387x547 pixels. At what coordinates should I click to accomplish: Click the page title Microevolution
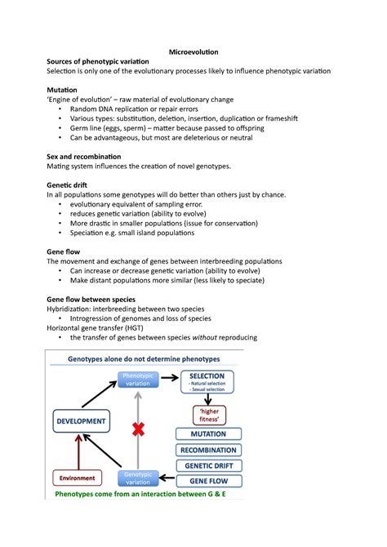click(x=193, y=51)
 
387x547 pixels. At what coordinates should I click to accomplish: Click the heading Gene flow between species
click(x=91, y=300)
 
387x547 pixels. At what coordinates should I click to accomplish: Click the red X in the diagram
click(x=139, y=429)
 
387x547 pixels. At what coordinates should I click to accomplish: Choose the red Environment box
click(x=76, y=478)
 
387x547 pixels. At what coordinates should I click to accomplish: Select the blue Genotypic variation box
click(x=139, y=478)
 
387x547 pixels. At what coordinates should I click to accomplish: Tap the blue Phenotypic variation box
click(x=138, y=380)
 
